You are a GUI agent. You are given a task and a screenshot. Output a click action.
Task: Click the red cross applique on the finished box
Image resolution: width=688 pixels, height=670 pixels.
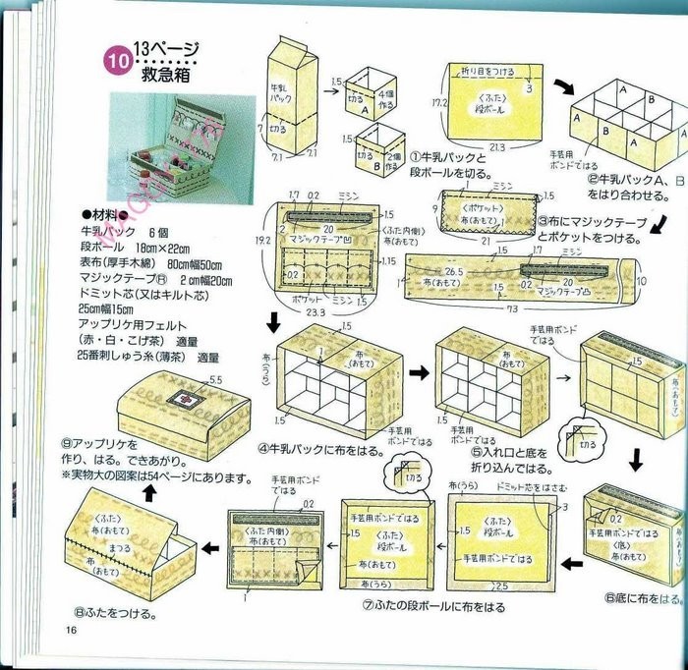178,398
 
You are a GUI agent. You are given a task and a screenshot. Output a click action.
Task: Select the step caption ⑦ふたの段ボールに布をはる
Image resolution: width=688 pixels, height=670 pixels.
432,607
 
